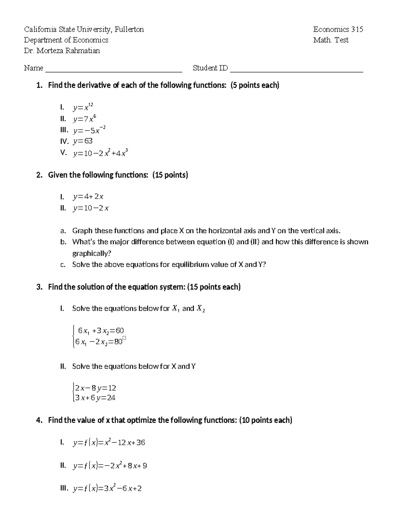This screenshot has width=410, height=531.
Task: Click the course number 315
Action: [357, 29]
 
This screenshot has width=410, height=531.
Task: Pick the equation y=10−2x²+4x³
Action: [100, 153]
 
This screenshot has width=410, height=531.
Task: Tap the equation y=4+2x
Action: [88, 197]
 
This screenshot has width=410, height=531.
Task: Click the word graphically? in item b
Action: [92, 253]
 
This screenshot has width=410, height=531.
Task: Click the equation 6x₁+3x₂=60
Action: [101, 331]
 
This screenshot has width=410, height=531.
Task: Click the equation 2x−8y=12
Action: [96, 388]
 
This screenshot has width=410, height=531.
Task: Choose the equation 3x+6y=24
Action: [95, 398]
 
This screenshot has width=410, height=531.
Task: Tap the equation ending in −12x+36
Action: [109, 443]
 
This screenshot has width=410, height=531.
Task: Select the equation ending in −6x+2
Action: [107, 489]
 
